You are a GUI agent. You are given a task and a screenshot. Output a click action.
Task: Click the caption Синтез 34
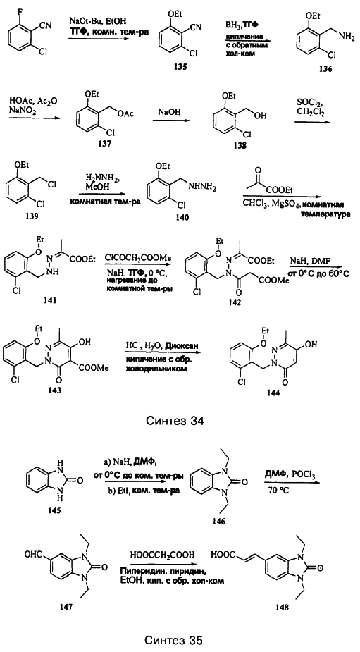coord(175,421)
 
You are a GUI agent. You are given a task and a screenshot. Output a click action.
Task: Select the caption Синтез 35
coord(175,640)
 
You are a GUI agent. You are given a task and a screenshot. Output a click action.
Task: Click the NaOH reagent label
coord(168,113)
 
